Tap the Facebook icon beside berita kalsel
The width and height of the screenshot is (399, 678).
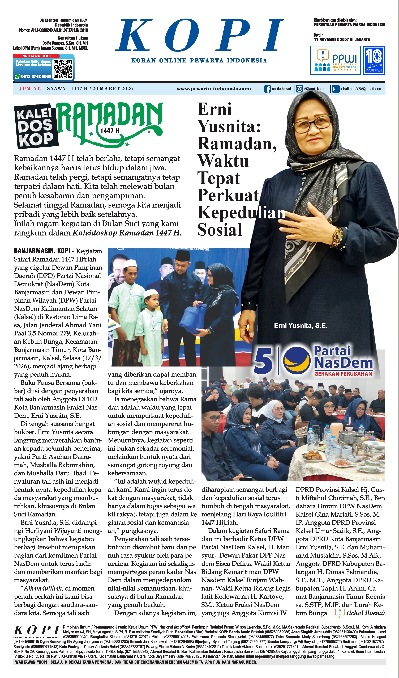(x=267, y=89)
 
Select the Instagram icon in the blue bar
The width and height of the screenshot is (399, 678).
(x=299, y=89)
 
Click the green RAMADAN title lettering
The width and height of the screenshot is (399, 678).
(x=110, y=118)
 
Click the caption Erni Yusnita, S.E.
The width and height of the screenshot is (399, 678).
(x=301, y=326)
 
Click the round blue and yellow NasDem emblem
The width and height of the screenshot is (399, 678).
(x=297, y=361)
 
